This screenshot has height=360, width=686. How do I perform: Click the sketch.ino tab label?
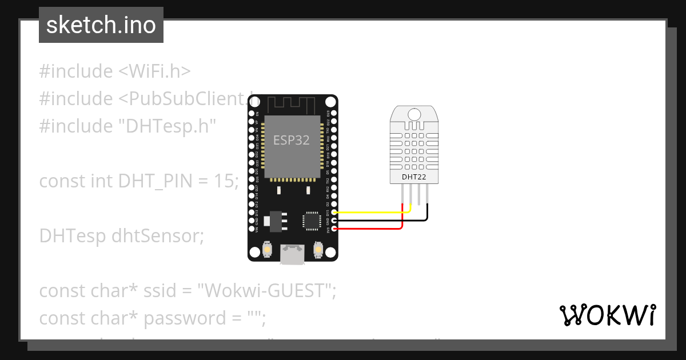(x=101, y=25)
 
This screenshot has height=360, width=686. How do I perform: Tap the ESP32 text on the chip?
(x=292, y=140)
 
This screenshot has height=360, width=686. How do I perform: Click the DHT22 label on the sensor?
(x=415, y=177)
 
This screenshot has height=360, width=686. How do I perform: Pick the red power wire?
(x=372, y=229)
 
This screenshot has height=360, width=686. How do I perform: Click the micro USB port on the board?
(x=292, y=255)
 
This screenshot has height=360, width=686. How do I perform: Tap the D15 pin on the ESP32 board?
(x=333, y=212)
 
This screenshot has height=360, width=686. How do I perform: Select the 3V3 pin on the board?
(x=333, y=229)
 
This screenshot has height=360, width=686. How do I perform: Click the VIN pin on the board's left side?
(x=252, y=229)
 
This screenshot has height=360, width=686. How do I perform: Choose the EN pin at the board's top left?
(x=252, y=113)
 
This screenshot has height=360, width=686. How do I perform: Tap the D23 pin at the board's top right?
(x=333, y=113)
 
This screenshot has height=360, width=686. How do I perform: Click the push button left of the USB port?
(x=267, y=250)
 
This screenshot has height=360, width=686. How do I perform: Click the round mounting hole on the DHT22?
(x=415, y=114)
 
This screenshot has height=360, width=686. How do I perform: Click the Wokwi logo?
(x=607, y=315)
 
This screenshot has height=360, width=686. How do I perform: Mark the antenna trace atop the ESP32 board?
(x=292, y=104)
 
